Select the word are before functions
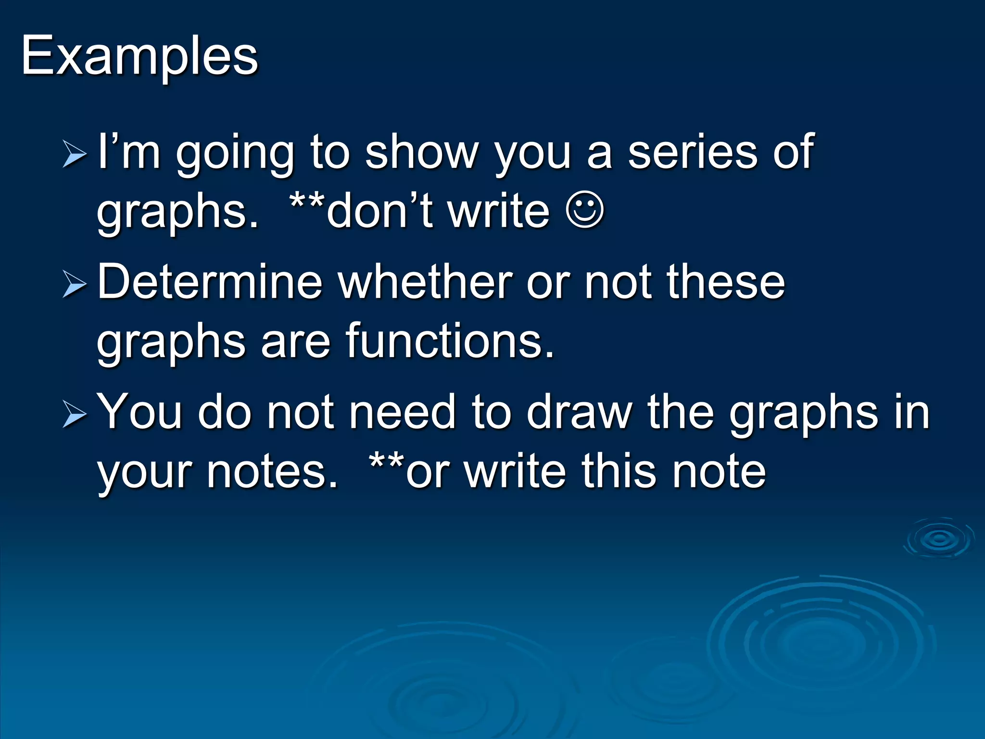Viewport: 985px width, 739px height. pos(295,342)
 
